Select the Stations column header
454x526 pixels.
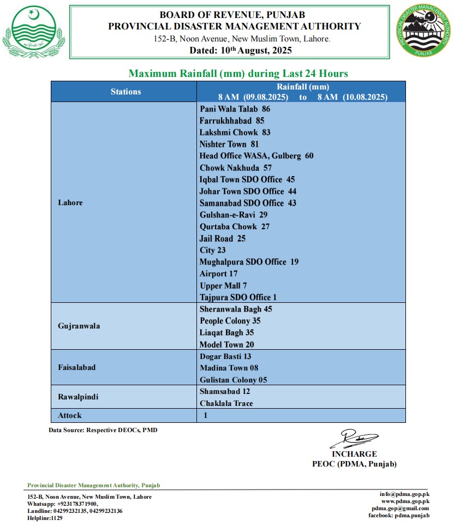126,92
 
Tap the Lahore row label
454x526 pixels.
70,202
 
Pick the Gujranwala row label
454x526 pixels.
79,326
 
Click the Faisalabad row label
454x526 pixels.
77,367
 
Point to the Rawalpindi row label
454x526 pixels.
78,397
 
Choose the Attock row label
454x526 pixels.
70,415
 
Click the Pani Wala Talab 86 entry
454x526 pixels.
235,109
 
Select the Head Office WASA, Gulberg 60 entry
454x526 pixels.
256,156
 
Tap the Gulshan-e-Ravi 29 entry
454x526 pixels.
234,214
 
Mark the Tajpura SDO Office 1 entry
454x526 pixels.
238,297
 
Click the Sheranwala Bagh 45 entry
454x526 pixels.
236,309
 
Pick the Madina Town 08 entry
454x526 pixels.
229,368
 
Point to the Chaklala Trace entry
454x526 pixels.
226,403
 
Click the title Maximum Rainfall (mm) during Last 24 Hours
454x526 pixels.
238,73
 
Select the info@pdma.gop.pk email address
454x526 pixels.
404,494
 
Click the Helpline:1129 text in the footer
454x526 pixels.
45,518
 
